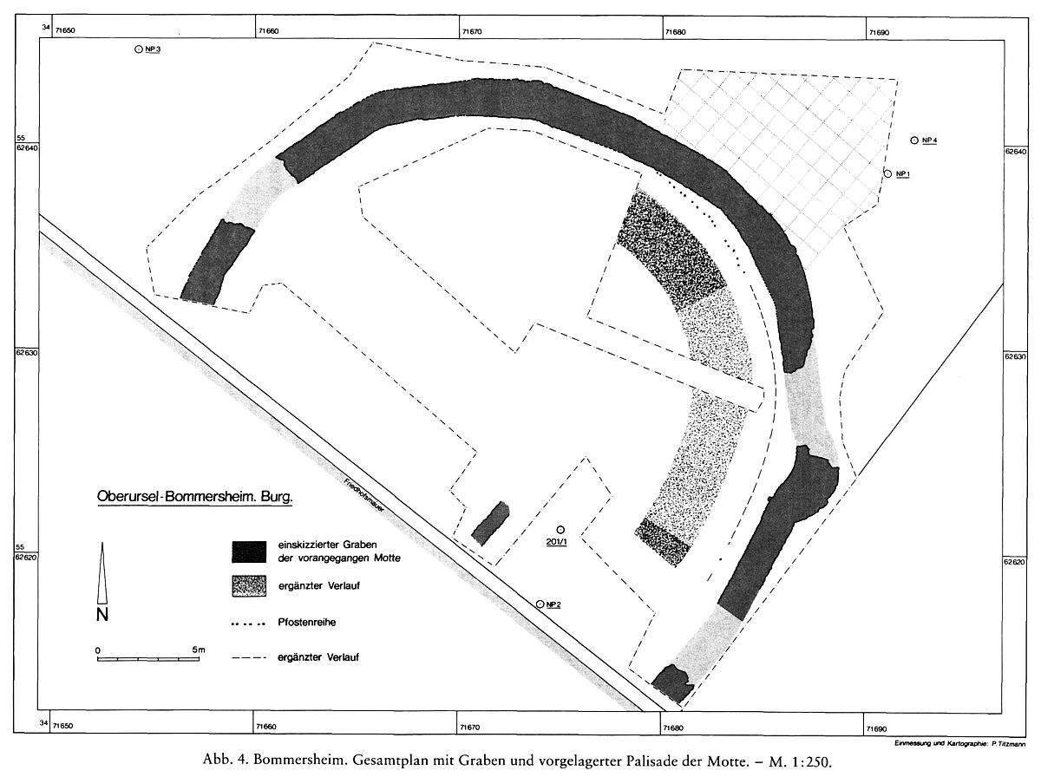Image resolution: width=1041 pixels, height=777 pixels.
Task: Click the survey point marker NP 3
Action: pyautogui.click(x=139, y=49)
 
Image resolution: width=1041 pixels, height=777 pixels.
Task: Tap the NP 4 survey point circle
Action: pyautogui.click(x=914, y=140)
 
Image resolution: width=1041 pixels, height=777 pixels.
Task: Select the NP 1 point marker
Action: pyautogui.click(x=887, y=174)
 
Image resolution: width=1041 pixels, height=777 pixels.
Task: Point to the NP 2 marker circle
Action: pyautogui.click(x=540, y=604)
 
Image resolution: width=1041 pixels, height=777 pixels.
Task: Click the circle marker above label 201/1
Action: pyautogui.click(x=560, y=530)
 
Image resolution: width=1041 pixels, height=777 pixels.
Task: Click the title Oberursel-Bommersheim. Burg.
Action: pyautogui.click(x=195, y=497)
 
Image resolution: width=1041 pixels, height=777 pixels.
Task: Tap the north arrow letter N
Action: pyautogui.click(x=102, y=614)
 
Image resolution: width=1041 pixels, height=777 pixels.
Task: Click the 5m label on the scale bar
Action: pyautogui.click(x=199, y=650)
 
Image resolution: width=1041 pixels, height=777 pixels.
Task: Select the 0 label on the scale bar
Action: pyautogui.click(x=98, y=650)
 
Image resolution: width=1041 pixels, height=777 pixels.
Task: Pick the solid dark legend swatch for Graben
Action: pyautogui.click(x=249, y=552)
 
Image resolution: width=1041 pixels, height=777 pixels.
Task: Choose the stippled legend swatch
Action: pyautogui.click(x=249, y=586)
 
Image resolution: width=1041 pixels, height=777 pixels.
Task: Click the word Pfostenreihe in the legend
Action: pyautogui.click(x=307, y=623)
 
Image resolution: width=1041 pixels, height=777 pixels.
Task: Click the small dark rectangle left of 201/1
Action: pyautogui.click(x=490, y=523)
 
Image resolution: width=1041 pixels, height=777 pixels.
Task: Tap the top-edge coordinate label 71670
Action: pyautogui.click(x=471, y=32)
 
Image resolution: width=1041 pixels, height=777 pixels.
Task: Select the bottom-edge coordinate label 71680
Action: pyautogui.click(x=673, y=728)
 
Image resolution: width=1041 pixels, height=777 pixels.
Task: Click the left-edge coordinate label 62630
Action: pyautogui.click(x=26, y=353)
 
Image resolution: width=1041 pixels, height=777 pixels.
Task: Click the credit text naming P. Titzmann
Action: pyautogui.click(x=960, y=744)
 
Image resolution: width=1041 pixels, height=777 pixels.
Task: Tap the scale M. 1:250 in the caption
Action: pyautogui.click(x=801, y=762)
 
